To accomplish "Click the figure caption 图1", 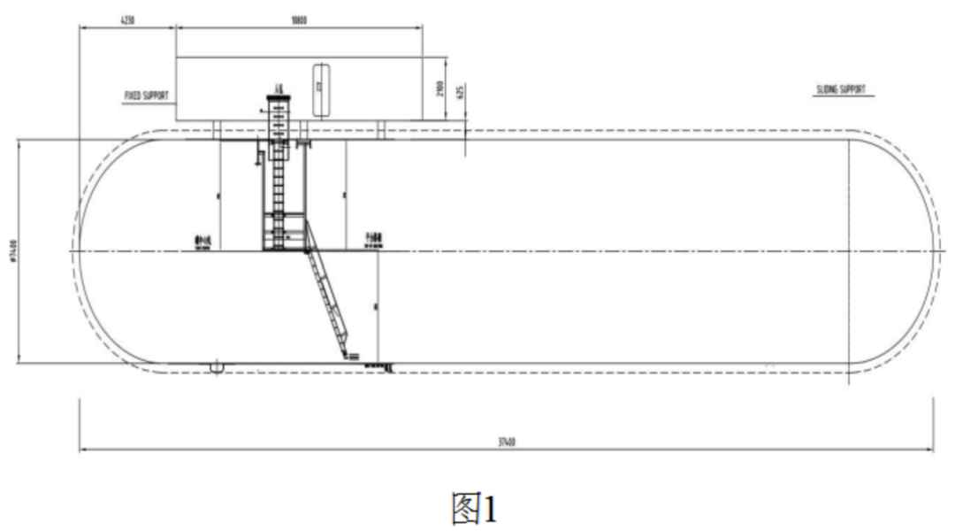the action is (x=475, y=509).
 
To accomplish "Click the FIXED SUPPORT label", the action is (x=146, y=93).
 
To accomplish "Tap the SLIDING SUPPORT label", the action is (x=841, y=89).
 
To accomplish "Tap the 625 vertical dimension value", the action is (x=460, y=91).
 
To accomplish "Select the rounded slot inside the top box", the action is (x=320, y=88).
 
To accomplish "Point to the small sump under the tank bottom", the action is (x=216, y=366).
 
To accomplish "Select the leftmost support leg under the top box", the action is (x=216, y=129).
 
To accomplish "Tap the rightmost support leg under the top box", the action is (x=383, y=129).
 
